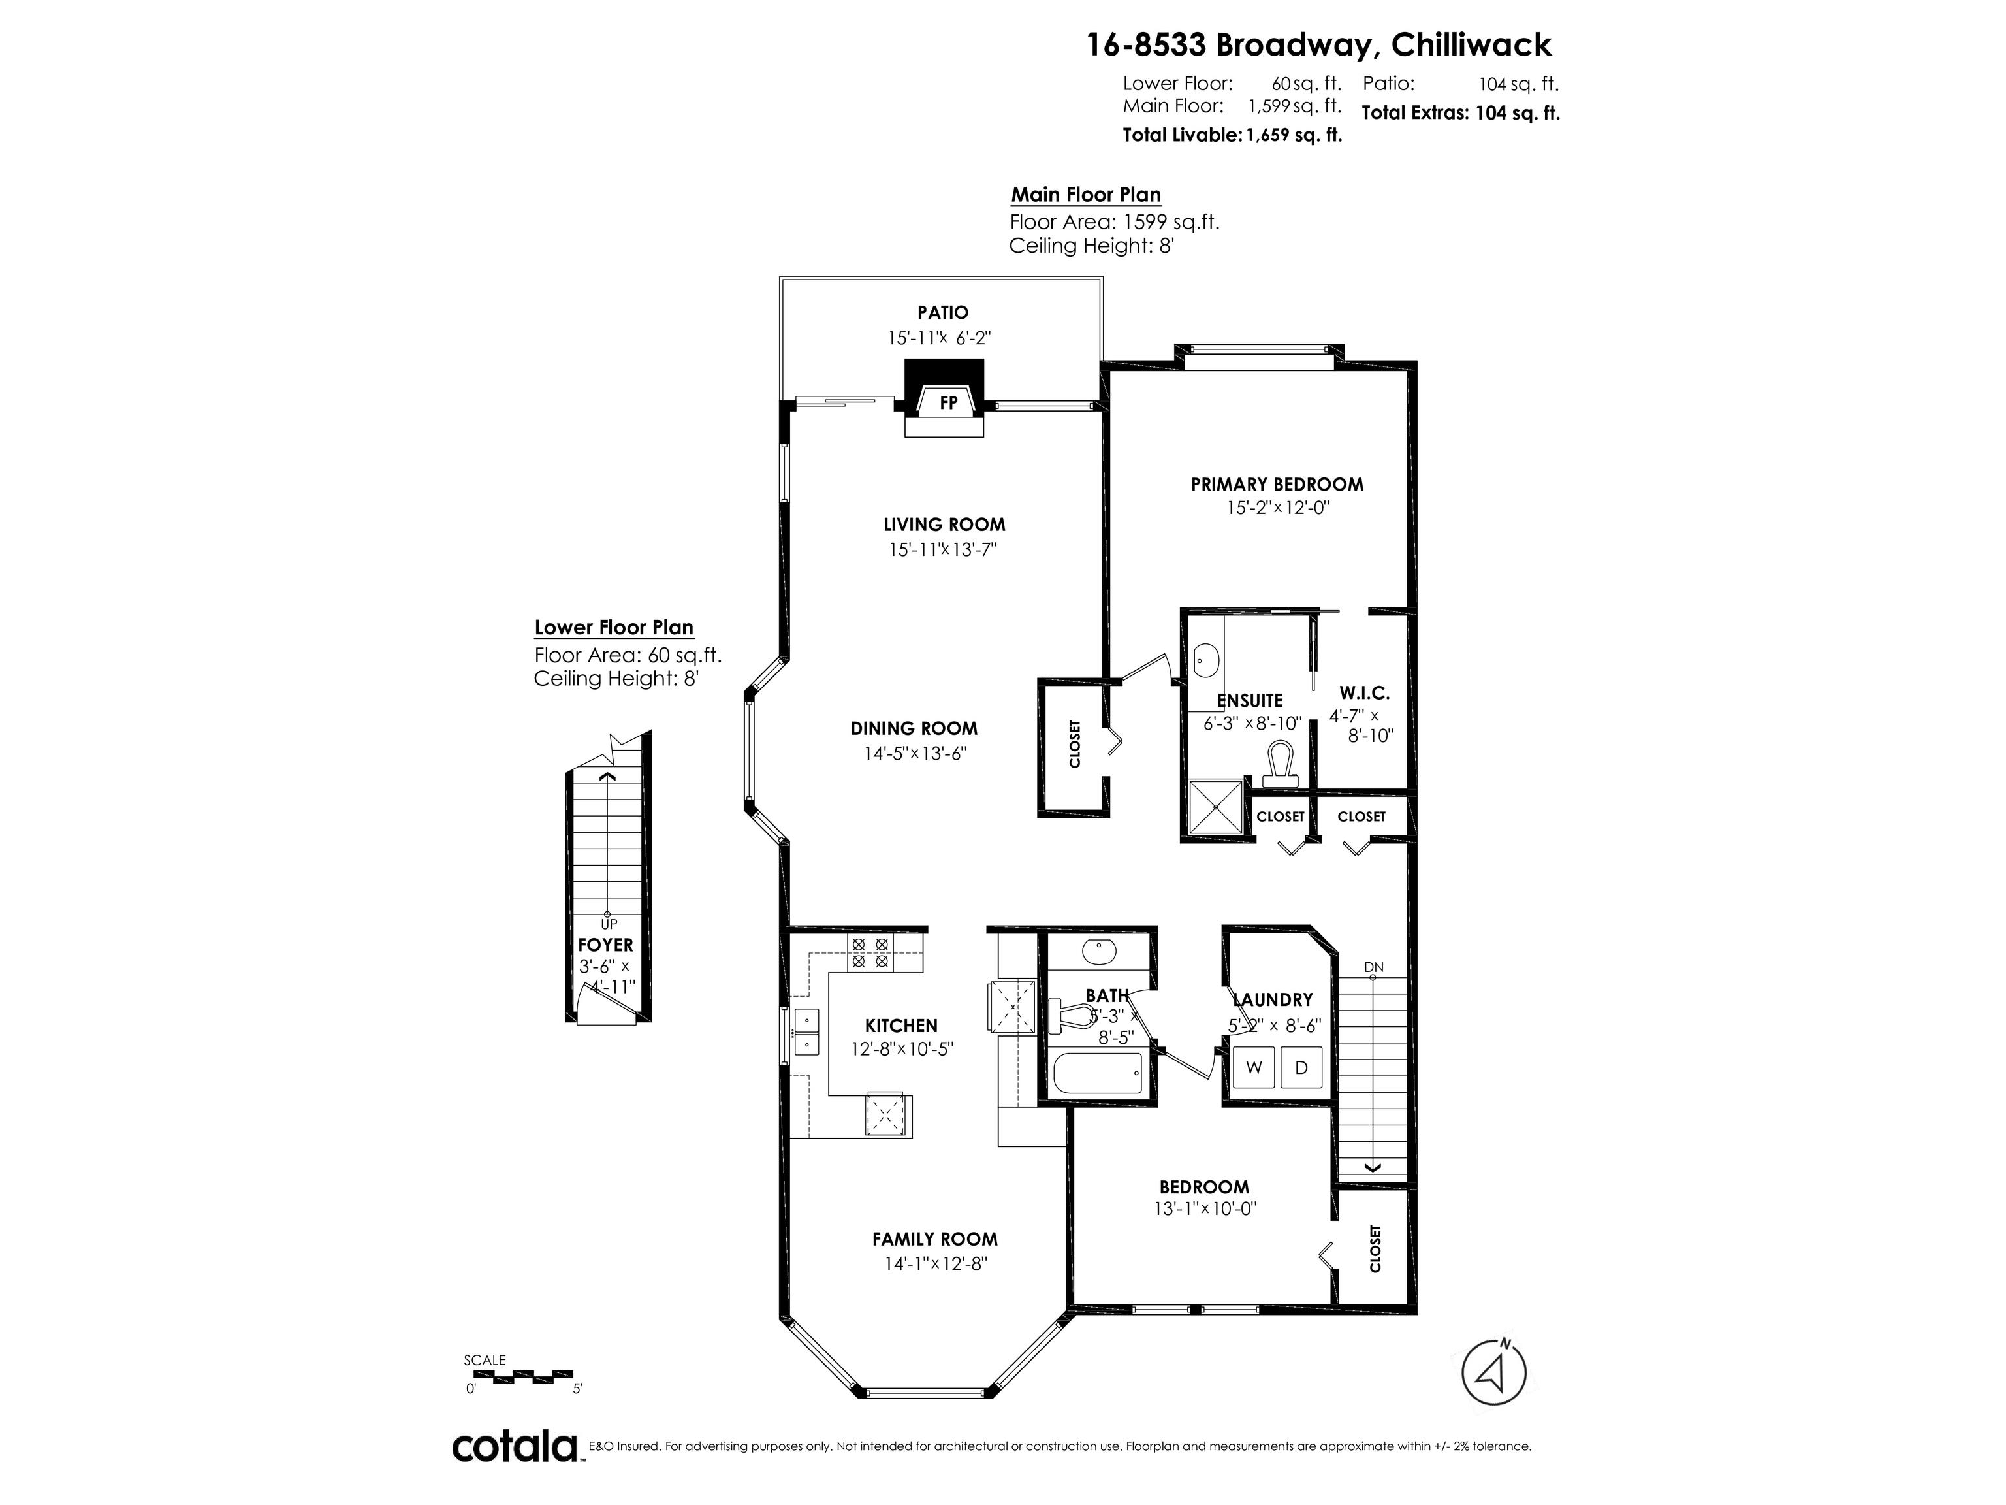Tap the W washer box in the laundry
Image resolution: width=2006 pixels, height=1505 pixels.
(1254, 1067)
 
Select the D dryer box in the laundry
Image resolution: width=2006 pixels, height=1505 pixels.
(1301, 1067)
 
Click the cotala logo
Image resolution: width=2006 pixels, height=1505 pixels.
(515, 1447)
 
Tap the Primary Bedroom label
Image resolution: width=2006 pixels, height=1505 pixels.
(1277, 485)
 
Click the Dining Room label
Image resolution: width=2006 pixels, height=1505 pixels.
(914, 728)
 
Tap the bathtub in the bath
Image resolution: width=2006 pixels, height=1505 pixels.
(1098, 1075)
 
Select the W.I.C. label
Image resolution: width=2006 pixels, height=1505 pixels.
(1364, 693)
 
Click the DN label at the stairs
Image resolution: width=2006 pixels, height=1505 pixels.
(1374, 967)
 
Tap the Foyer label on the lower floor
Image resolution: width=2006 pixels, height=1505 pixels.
(606, 945)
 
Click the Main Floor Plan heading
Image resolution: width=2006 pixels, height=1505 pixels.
(1085, 195)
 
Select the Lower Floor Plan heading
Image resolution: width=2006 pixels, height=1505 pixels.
(614, 628)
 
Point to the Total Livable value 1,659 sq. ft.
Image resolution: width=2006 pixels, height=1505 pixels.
(1294, 136)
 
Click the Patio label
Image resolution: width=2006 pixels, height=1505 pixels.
(942, 313)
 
